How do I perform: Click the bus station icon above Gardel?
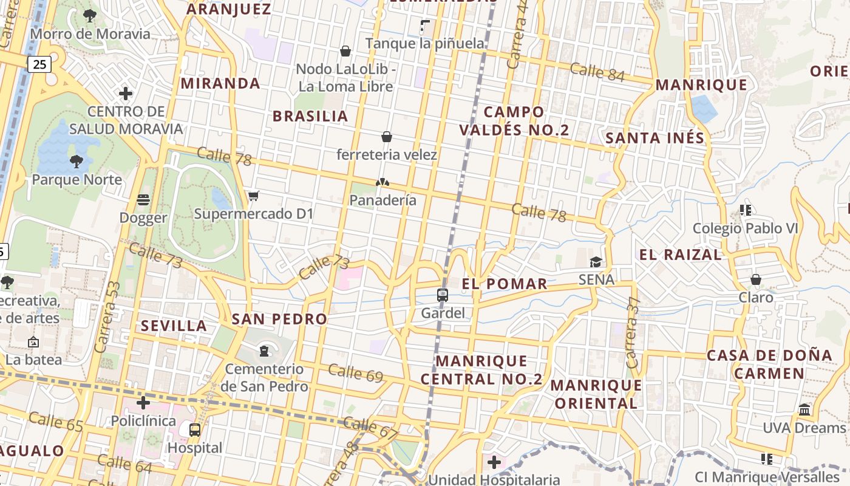pyautogui.click(x=443, y=296)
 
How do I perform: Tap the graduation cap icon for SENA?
pyautogui.click(x=596, y=262)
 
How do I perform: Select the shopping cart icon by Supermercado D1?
pyautogui.click(x=254, y=196)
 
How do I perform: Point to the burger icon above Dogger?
pyautogui.click(x=143, y=200)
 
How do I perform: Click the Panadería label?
pyautogui.click(x=383, y=200)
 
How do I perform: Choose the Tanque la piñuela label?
pyautogui.click(x=425, y=43)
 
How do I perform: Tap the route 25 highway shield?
pyautogui.click(x=39, y=63)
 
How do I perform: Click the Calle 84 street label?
pyautogui.click(x=597, y=72)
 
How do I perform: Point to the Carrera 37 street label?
pyautogui.click(x=633, y=332)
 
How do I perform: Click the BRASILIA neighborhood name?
pyautogui.click(x=310, y=116)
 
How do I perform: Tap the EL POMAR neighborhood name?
pyautogui.click(x=505, y=284)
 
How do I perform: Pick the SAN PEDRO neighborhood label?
pyautogui.click(x=279, y=319)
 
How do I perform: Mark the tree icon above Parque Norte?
pyautogui.click(x=76, y=162)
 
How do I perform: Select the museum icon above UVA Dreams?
pyautogui.click(x=805, y=409)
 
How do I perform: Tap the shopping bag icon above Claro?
pyautogui.click(x=756, y=279)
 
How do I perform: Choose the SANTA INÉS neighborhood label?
pyautogui.click(x=655, y=138)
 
